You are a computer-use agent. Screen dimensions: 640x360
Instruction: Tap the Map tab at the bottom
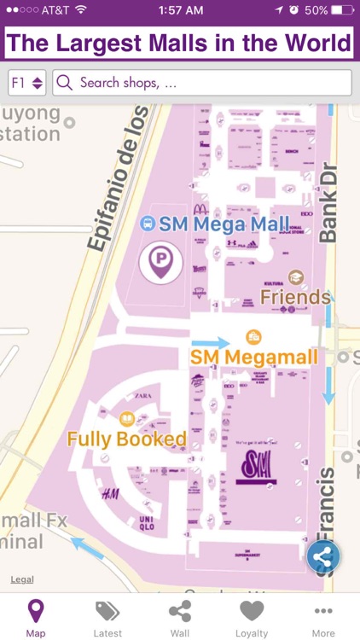coord(36,618)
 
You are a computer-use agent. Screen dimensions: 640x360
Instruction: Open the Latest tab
coord(107,618)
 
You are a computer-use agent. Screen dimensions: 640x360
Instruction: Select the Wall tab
coord(180,618)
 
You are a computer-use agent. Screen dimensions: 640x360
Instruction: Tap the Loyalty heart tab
coord(252,618)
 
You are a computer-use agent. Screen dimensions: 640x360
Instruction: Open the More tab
coord(323,618)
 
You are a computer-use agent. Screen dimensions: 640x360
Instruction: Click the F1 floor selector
coord(27,83)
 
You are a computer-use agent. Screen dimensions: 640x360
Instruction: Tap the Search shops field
coord(202,83)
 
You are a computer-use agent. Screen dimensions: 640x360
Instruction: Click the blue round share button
coord(323,557)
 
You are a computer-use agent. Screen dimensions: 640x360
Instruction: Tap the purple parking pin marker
coord(161,260)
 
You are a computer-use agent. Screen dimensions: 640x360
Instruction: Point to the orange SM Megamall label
coord(253,356)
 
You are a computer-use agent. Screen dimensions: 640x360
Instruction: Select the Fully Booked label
coord(126,439)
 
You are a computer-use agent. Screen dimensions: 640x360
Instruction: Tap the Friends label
coord(295,297)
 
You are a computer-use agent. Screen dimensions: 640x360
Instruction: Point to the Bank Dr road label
coord(328,203)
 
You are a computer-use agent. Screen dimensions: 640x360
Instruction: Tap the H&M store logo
coord(110,493)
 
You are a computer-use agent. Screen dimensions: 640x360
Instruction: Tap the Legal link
coord(22,580)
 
